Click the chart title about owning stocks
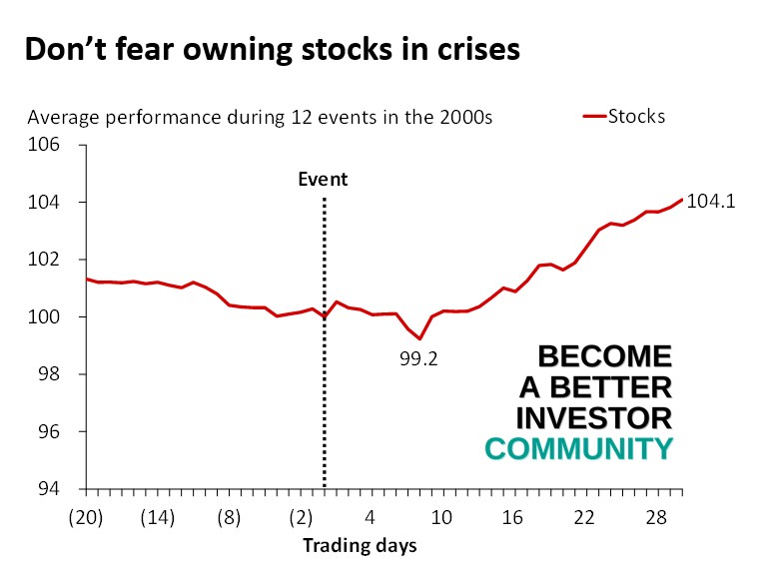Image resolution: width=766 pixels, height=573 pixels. point(272,50)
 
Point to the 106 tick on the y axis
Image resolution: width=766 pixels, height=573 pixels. point(48,145)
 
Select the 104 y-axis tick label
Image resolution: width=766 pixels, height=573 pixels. point(48,203)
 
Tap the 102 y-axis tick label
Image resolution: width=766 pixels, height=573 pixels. point(48,260)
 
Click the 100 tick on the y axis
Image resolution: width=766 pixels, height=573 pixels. point(48,317)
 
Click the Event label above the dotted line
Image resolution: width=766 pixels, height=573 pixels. point(324,180)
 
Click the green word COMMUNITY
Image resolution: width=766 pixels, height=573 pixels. point(578,449)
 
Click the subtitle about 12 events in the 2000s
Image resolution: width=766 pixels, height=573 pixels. point(260,118)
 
